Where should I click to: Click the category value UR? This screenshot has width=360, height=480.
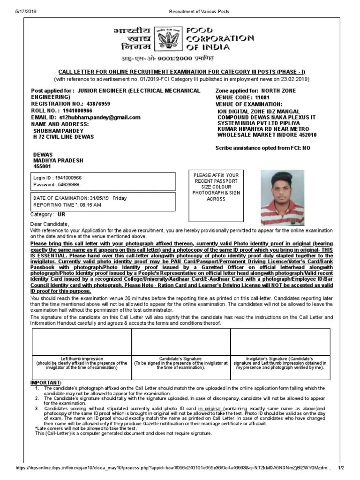pos(61,214)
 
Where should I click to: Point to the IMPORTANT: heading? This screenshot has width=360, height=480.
pos(46,382)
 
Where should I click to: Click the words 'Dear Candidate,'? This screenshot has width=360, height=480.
pos(49,224)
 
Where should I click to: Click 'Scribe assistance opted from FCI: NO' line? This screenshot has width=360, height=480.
pos(262,147)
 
